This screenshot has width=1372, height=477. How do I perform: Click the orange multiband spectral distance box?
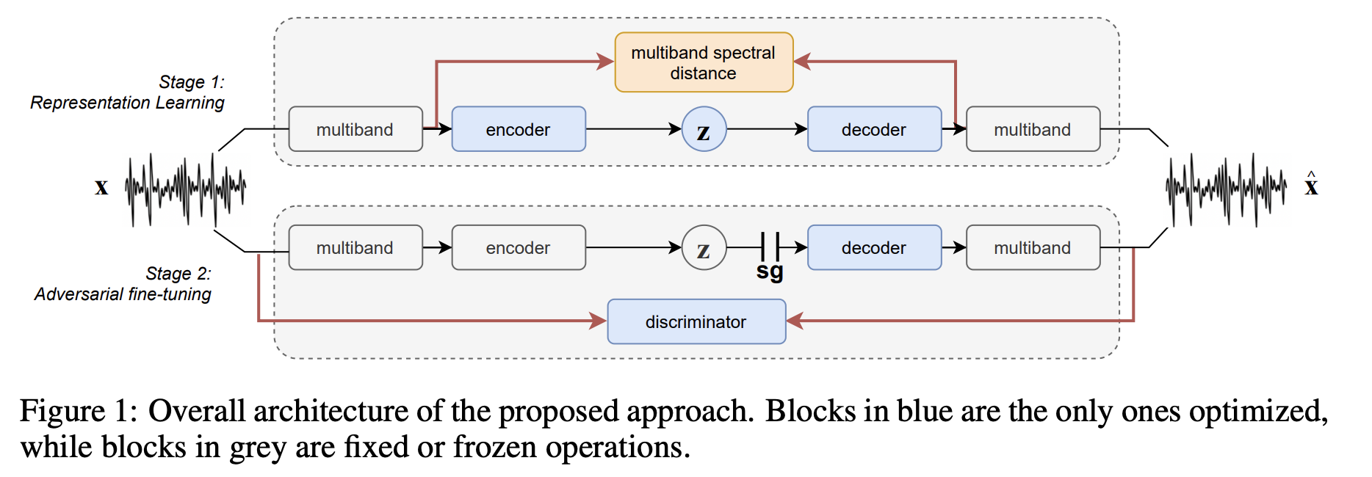704,62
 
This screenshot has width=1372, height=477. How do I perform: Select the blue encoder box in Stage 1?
519,129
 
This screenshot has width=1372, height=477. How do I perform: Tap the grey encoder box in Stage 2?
519,248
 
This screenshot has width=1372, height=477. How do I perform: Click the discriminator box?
696,321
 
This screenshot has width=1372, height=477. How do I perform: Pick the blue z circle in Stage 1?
704,129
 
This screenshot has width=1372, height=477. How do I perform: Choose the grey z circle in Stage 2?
704,248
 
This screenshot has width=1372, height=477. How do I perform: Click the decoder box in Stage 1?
874,129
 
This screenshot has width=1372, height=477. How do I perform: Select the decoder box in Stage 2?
874,248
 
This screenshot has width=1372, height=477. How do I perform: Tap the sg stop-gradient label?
770,272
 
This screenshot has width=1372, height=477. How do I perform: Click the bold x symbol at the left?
101,187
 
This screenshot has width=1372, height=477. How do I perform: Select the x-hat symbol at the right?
1311,186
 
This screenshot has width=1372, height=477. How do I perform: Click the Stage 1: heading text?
191,82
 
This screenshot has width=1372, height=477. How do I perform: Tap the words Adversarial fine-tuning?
123,294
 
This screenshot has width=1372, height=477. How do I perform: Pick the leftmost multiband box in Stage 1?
355,129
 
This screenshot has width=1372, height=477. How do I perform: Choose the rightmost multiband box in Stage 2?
1033,248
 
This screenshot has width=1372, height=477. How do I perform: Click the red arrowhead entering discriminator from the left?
598,321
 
